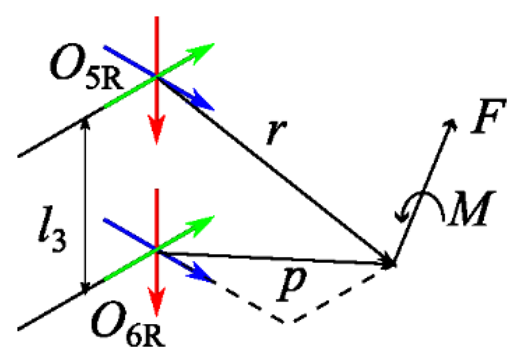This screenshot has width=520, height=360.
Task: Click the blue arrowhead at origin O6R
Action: (x=204, y=277)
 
